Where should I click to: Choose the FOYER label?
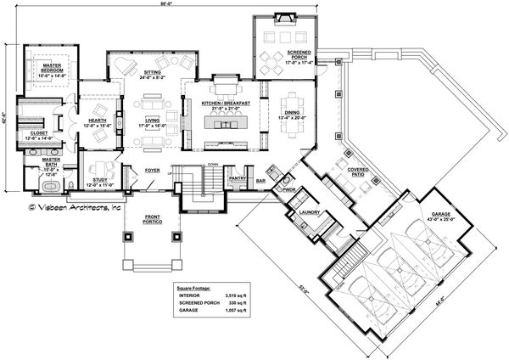pyautogui.click(x=152, y=170)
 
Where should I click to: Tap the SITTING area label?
pyautogui.click(x=153, y=74)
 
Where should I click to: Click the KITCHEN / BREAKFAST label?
pyautogui.click(x=222, y=103)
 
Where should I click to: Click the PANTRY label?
pyautogui.click(x=238, y=178)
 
